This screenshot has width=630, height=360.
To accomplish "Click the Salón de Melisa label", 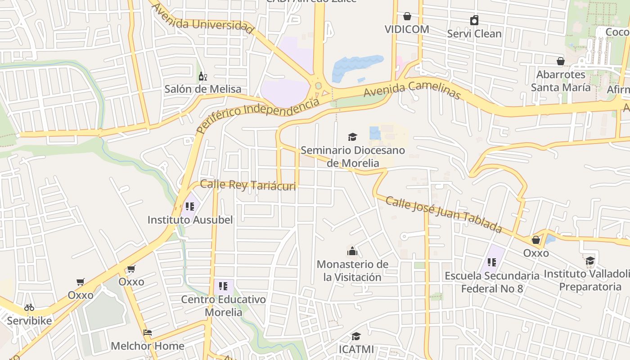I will (202, 89).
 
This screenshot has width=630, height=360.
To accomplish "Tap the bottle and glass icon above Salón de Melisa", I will (203, 76).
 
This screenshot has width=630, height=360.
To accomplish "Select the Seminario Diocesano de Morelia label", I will (353, 156).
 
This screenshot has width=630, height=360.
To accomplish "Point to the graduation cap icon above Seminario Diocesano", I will (352, 137).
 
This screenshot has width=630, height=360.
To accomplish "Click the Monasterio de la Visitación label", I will (352, 270).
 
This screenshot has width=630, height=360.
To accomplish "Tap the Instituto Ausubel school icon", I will (189, 207).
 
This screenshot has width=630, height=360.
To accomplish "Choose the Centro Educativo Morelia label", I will (223, 306).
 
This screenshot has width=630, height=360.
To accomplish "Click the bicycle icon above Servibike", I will (29, 308).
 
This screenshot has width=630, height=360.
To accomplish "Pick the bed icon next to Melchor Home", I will (148, 333).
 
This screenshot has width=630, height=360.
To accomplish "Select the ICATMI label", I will (356, 349).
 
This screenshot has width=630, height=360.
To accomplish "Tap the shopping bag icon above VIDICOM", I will (407, 17).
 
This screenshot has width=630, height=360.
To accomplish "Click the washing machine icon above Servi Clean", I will (474, 20).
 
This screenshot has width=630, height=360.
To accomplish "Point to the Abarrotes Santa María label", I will (560, 81).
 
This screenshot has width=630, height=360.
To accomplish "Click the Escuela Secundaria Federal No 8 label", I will (492, 282).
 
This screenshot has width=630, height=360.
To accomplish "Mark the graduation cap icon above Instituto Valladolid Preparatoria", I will (590, 261).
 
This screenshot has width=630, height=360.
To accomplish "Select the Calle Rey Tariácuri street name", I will (247, 185).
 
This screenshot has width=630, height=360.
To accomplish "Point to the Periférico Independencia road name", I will (258, 116).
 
